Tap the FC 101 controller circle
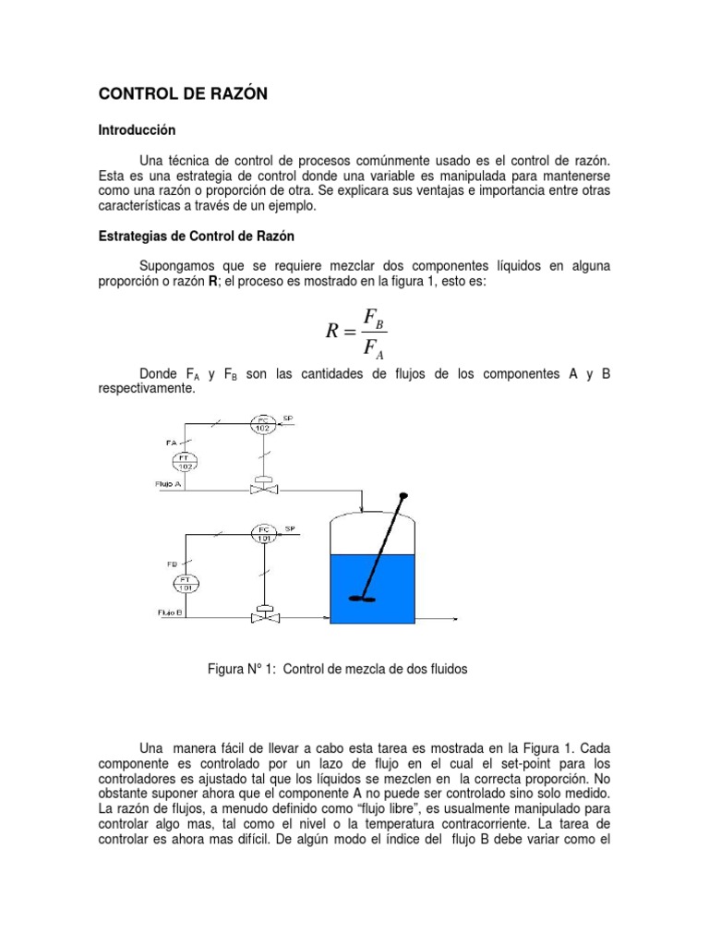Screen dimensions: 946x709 pyautogui.click(x=265, y=532)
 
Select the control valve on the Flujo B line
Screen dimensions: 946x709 pyautogui.click(x=265, y=612)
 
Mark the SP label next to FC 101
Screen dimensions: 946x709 pyautogui.click(x=291, y=528)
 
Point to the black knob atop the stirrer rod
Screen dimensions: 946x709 pyautogui.click(x=403, y=497)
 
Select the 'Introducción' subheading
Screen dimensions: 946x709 pyautogui.click(x=137, y=131)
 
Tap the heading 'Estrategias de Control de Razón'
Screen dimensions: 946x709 pyautogui.click(x=197, y=236)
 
